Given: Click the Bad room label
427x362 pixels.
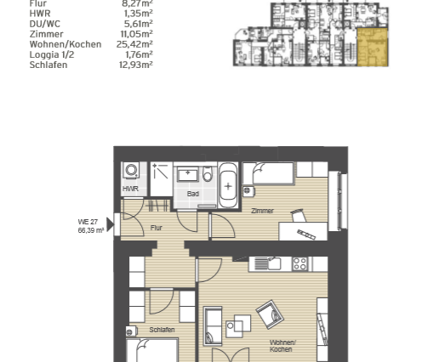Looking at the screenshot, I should [193, 194].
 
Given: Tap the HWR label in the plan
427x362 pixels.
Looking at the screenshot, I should [131, 189].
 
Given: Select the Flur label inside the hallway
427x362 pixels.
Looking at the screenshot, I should [157, 228].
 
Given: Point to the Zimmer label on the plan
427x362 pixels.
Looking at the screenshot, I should [262, 211].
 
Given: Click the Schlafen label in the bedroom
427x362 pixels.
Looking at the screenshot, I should [162, 329].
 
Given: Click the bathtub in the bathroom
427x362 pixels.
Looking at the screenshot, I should [228, 185].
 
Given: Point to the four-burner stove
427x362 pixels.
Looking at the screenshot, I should [299, 263].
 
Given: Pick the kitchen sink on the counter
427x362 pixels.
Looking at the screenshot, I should [272, 263].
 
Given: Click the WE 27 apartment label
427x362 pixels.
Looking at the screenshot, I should [89, 222].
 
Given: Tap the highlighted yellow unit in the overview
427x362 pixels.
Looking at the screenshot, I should [371, 47].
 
